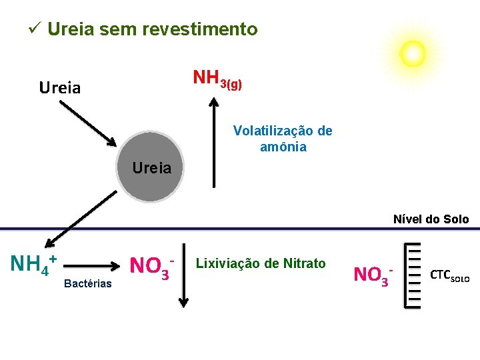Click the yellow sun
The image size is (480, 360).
tap(412, 53)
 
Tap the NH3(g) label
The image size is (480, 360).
tap(217, 79)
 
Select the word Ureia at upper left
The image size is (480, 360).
tap(60, 87)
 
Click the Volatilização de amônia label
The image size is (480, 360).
tap(283, 139)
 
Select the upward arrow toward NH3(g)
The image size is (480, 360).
tap(213, 140)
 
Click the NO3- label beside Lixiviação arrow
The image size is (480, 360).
tap(152, 266)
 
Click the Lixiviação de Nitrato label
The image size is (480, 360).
tap(261, 264)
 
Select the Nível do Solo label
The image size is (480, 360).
tap(431, 219)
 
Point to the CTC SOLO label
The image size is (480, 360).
tap(450, 275)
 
